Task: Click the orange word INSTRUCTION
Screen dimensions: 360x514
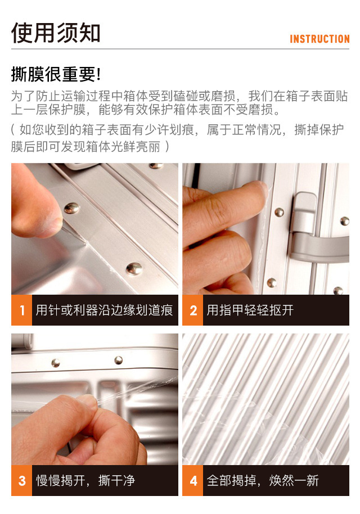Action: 319,39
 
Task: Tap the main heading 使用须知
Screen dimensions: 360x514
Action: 56,33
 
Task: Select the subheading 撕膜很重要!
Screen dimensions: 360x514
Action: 56,74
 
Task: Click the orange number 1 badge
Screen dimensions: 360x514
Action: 21,310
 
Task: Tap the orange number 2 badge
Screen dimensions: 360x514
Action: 193,310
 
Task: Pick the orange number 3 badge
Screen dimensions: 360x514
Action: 21,480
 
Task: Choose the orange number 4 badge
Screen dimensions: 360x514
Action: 193,480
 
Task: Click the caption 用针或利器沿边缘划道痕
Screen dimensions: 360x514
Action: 104,310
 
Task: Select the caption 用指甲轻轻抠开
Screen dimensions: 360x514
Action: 250,310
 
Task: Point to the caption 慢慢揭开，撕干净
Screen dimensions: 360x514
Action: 85,480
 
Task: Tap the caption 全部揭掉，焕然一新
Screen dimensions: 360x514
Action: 263,480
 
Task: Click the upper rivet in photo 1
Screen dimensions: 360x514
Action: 71,208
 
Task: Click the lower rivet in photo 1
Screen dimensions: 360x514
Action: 134,268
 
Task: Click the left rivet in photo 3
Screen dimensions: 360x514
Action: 56,363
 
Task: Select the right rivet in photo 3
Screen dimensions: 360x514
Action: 118,360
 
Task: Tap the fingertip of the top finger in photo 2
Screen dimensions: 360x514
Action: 260,190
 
